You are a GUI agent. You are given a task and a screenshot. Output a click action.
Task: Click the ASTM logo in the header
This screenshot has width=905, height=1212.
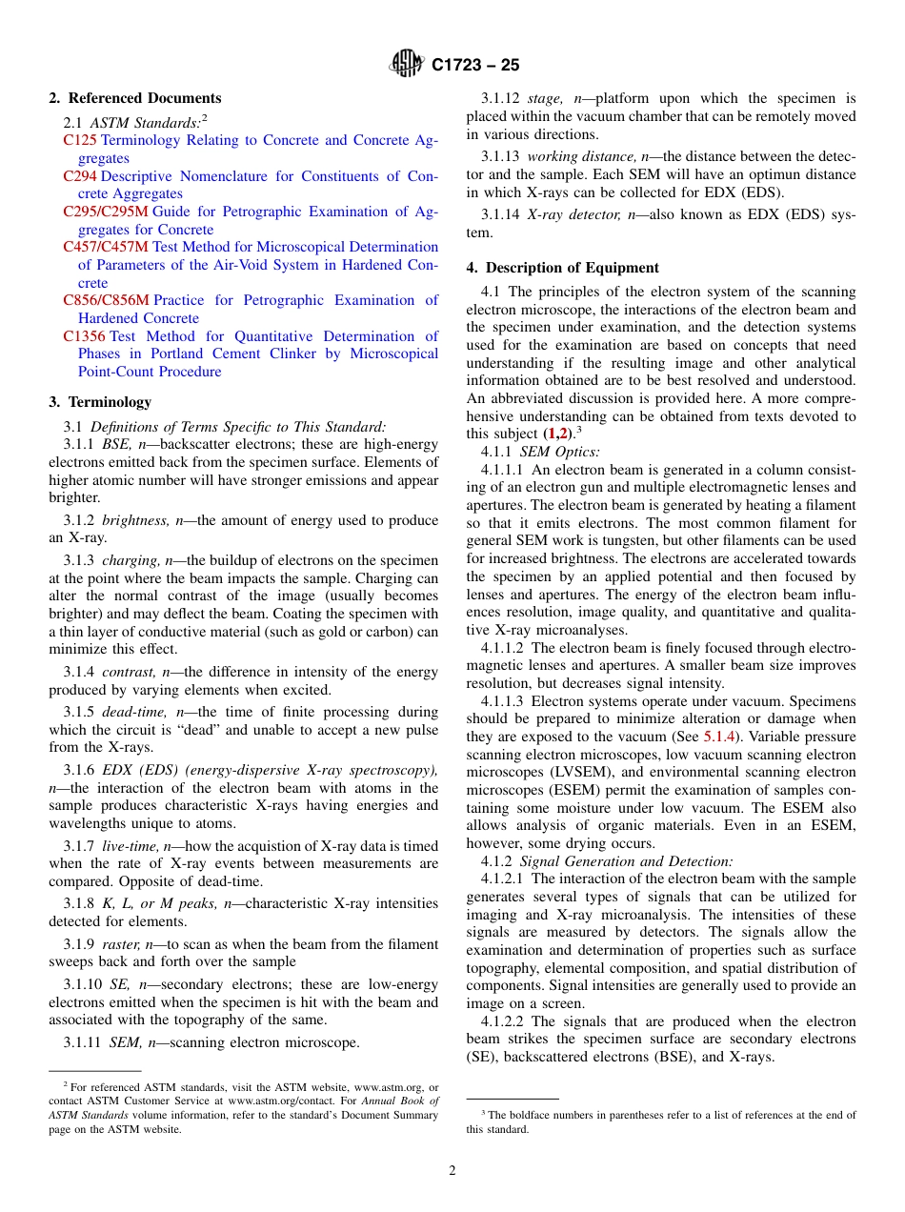point(407,65)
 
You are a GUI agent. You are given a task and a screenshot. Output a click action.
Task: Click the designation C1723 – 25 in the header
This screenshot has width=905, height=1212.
point(475,66)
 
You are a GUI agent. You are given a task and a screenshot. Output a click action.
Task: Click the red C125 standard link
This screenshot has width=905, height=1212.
point(80,140)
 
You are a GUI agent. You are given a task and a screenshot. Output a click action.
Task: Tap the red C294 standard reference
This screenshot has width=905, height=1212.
point(80,176)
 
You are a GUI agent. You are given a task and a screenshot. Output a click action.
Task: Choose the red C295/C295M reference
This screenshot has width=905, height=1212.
point(105,212)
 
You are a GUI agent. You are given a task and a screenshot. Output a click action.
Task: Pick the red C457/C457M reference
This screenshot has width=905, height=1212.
point(106,247)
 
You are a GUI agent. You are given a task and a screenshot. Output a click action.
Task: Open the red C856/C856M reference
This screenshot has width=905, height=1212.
point(106,300)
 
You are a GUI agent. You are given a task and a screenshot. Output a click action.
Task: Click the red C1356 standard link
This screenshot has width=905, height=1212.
point(84,336)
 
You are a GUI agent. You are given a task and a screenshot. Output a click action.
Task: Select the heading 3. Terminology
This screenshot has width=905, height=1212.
point(100,402)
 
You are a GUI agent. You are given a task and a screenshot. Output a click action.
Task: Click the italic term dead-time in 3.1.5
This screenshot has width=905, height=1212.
point(134,712)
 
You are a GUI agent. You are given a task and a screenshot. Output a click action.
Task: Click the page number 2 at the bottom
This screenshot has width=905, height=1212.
point(452,1171)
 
